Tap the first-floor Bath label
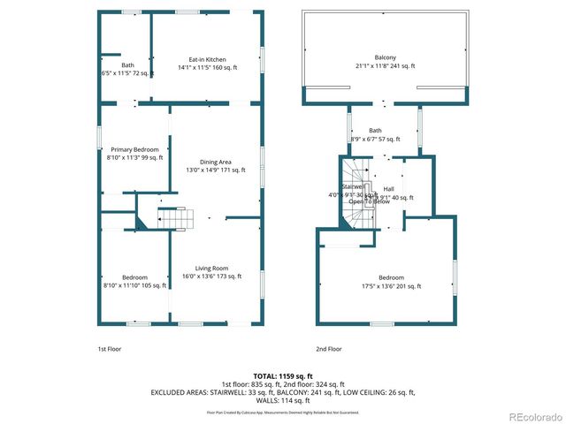pos(128,69)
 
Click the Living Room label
pos(212,272)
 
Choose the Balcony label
pos(386,60)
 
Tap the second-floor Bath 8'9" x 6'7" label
pos(376,135)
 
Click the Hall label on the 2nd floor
pos(389,189)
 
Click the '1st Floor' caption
pos(109,349)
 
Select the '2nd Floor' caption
pos(329,349)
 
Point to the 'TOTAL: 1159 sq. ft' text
pos(283,375)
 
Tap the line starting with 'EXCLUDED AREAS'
pos(283,392)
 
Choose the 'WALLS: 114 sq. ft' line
pos(283,400)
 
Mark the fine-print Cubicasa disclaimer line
pos(283,413)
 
